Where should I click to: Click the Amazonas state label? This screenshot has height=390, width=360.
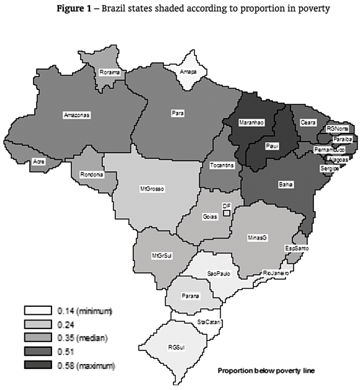(x=77, y=115)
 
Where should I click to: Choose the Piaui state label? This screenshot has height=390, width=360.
(x=271, y=147)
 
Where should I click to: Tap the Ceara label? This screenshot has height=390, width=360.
(x=305, y=123)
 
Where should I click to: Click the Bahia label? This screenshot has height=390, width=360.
(x=286, y=184)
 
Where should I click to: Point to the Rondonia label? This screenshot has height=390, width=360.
(x=91, y=175)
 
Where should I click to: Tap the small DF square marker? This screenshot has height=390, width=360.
(x=227, y=214)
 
